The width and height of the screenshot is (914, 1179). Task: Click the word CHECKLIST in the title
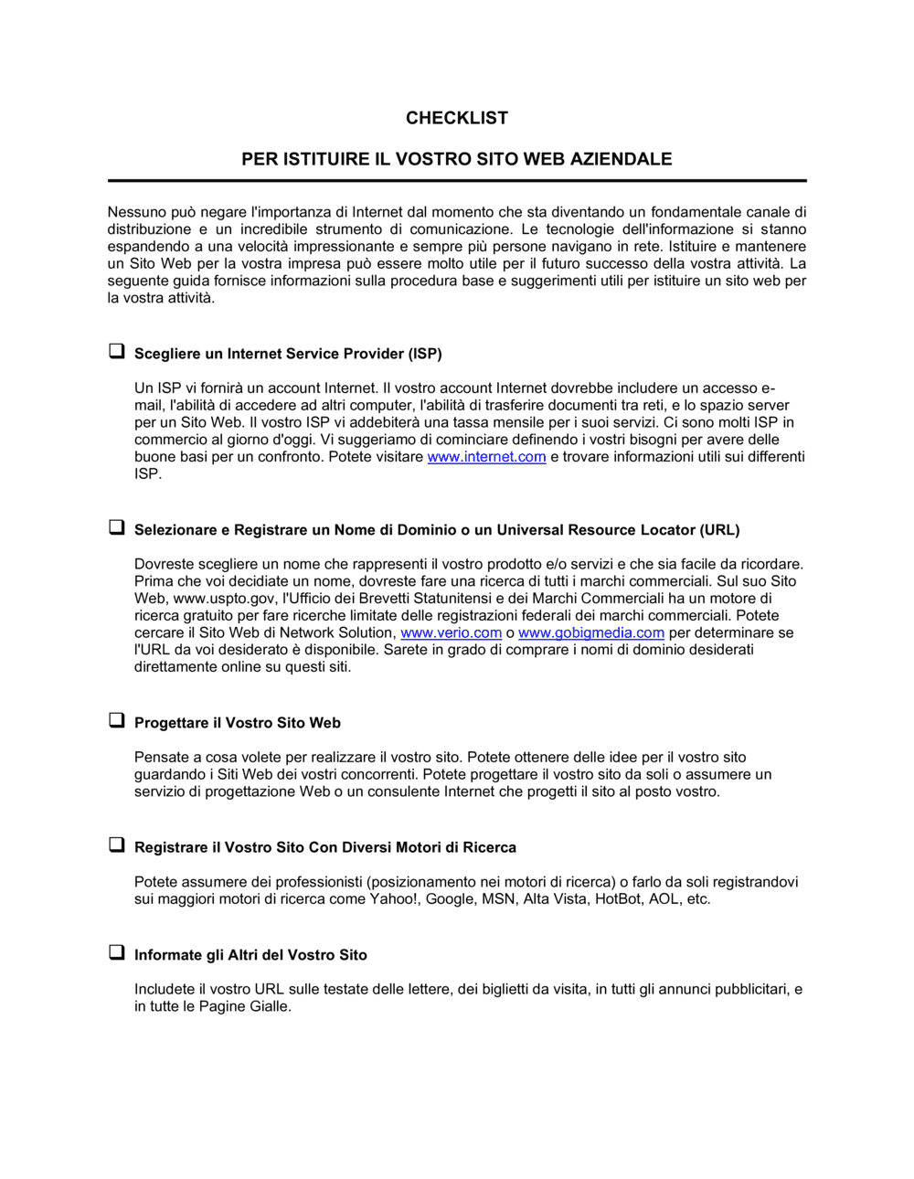[456, 118]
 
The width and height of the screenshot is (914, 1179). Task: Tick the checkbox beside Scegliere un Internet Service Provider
[117, 351]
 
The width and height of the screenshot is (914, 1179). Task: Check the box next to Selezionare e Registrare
[117, 527]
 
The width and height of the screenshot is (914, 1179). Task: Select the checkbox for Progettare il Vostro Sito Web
[117, 720]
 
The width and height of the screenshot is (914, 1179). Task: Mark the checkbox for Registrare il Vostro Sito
[117, 844]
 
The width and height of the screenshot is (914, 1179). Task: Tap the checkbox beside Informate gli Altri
[117, 952]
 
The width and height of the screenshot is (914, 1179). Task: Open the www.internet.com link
[486, 457]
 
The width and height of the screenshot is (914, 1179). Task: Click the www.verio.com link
[451, 632]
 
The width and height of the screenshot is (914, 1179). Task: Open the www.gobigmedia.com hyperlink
[590, 632]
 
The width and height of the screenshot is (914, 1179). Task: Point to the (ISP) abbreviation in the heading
[424, 354]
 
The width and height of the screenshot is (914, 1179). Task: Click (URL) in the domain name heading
[719, 530]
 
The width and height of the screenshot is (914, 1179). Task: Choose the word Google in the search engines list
[450, 899]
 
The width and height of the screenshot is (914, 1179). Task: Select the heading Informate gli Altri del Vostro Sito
[250, 955]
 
